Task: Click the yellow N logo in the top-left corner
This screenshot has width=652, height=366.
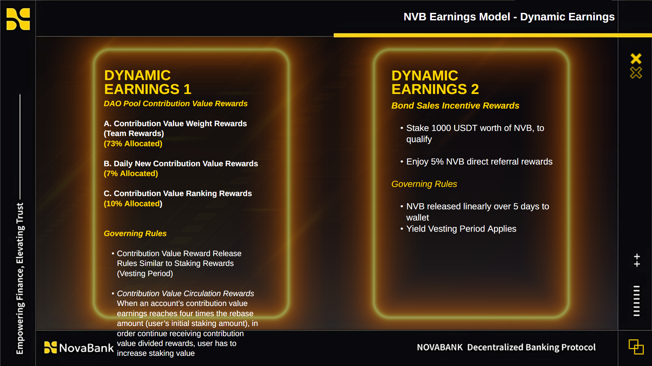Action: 18,19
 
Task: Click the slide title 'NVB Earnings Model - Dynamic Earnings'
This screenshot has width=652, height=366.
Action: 509,17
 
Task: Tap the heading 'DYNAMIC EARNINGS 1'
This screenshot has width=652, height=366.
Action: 148,82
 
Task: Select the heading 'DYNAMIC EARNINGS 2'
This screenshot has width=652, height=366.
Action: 435,82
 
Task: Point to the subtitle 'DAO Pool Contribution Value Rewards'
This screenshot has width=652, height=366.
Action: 176,103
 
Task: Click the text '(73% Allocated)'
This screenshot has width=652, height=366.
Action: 133,143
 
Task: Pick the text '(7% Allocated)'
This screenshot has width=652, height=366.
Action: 131,173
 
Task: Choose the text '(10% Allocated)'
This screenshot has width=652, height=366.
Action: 133,204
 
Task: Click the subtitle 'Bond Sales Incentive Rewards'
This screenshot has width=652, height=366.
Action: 455,105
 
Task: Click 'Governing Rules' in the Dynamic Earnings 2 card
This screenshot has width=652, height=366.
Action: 424,184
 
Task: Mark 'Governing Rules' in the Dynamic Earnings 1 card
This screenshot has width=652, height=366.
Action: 135,233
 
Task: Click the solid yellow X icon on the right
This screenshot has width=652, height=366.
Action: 636,59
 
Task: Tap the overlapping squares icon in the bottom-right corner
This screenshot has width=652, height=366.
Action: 636,347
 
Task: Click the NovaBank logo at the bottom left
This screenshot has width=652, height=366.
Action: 79,348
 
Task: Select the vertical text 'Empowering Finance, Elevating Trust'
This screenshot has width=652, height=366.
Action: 20,278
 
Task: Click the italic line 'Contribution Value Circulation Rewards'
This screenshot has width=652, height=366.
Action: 186,293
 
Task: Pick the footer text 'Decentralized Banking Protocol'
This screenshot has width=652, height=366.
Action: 531,347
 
